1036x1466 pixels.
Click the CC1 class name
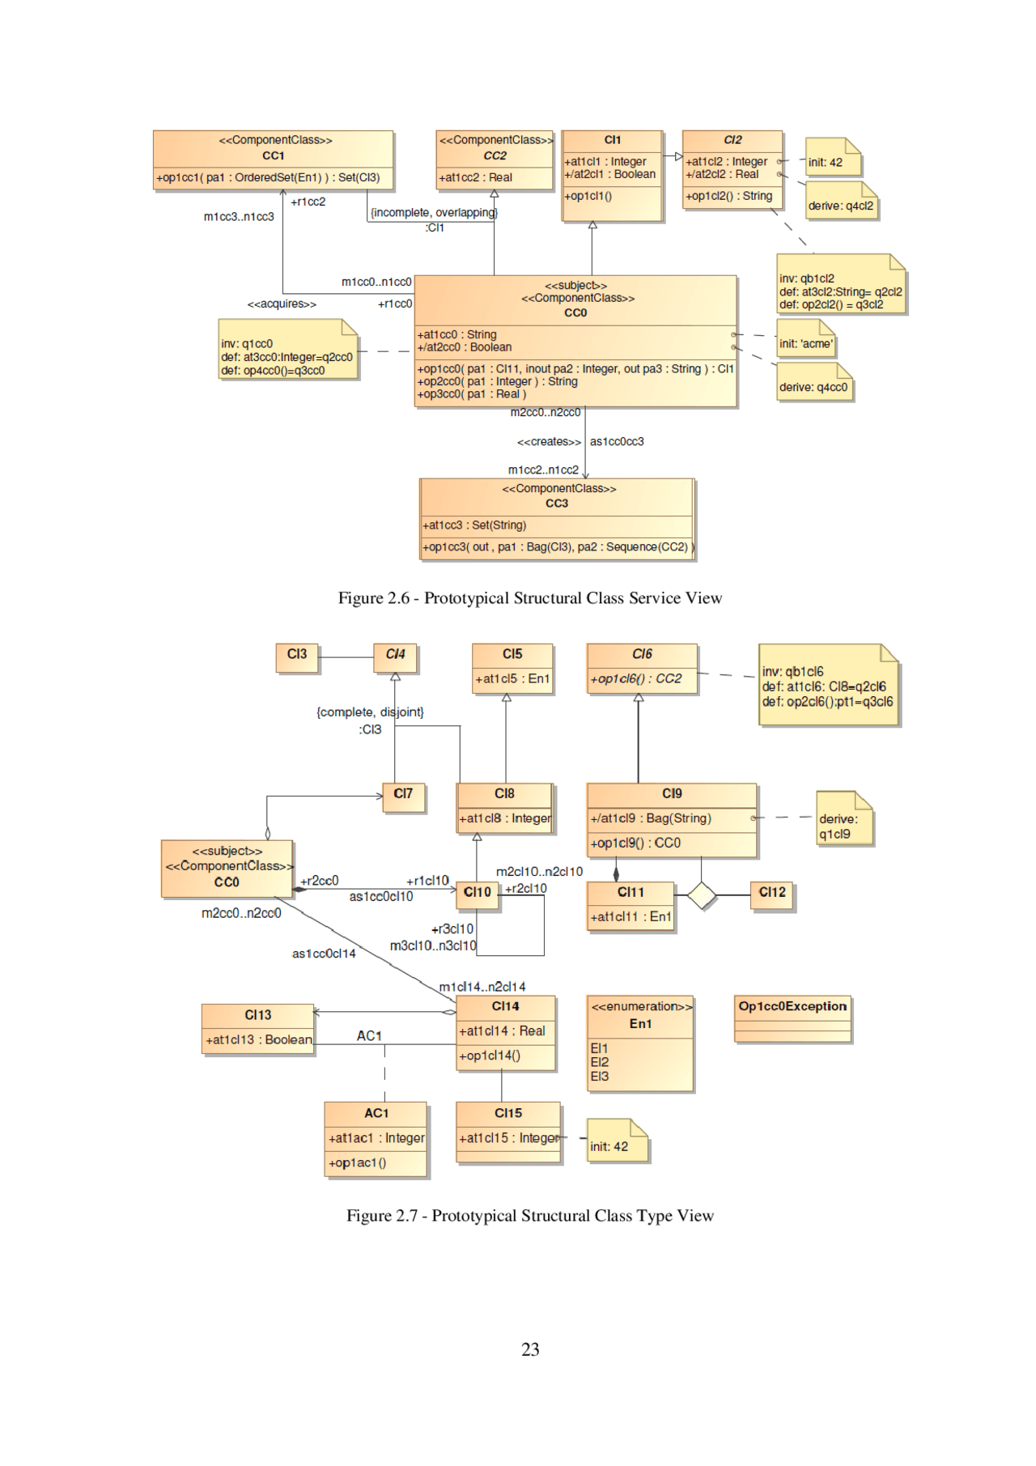click(x=273, y=155)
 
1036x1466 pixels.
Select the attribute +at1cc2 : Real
click(x=476, y=177)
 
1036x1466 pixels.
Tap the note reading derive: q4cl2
click(x=841, y=206)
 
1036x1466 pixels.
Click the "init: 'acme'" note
click(x=805, y=343)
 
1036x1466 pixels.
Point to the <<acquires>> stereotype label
click(x=282, y=304)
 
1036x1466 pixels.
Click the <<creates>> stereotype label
click(x=549, y=442)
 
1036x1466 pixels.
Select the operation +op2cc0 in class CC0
click(x=497, y=381)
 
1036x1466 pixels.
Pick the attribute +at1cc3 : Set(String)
click(x=474, y=525)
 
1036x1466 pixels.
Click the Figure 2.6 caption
click(x=529, y=598)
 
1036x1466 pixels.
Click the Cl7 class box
click(x=403, y=794)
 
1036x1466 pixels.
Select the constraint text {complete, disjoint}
click(x=370, y=712)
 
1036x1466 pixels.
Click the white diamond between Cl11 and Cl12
click(x=701, y=895)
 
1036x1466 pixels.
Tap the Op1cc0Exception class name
click(x=792, y=1006)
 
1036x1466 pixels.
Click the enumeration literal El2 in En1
click(x=600, y=1062)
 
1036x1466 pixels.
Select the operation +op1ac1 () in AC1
click(x=357, y=1163)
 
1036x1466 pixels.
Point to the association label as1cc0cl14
click(x=324, y=954)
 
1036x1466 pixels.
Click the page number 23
click(x=530, y=1349)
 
